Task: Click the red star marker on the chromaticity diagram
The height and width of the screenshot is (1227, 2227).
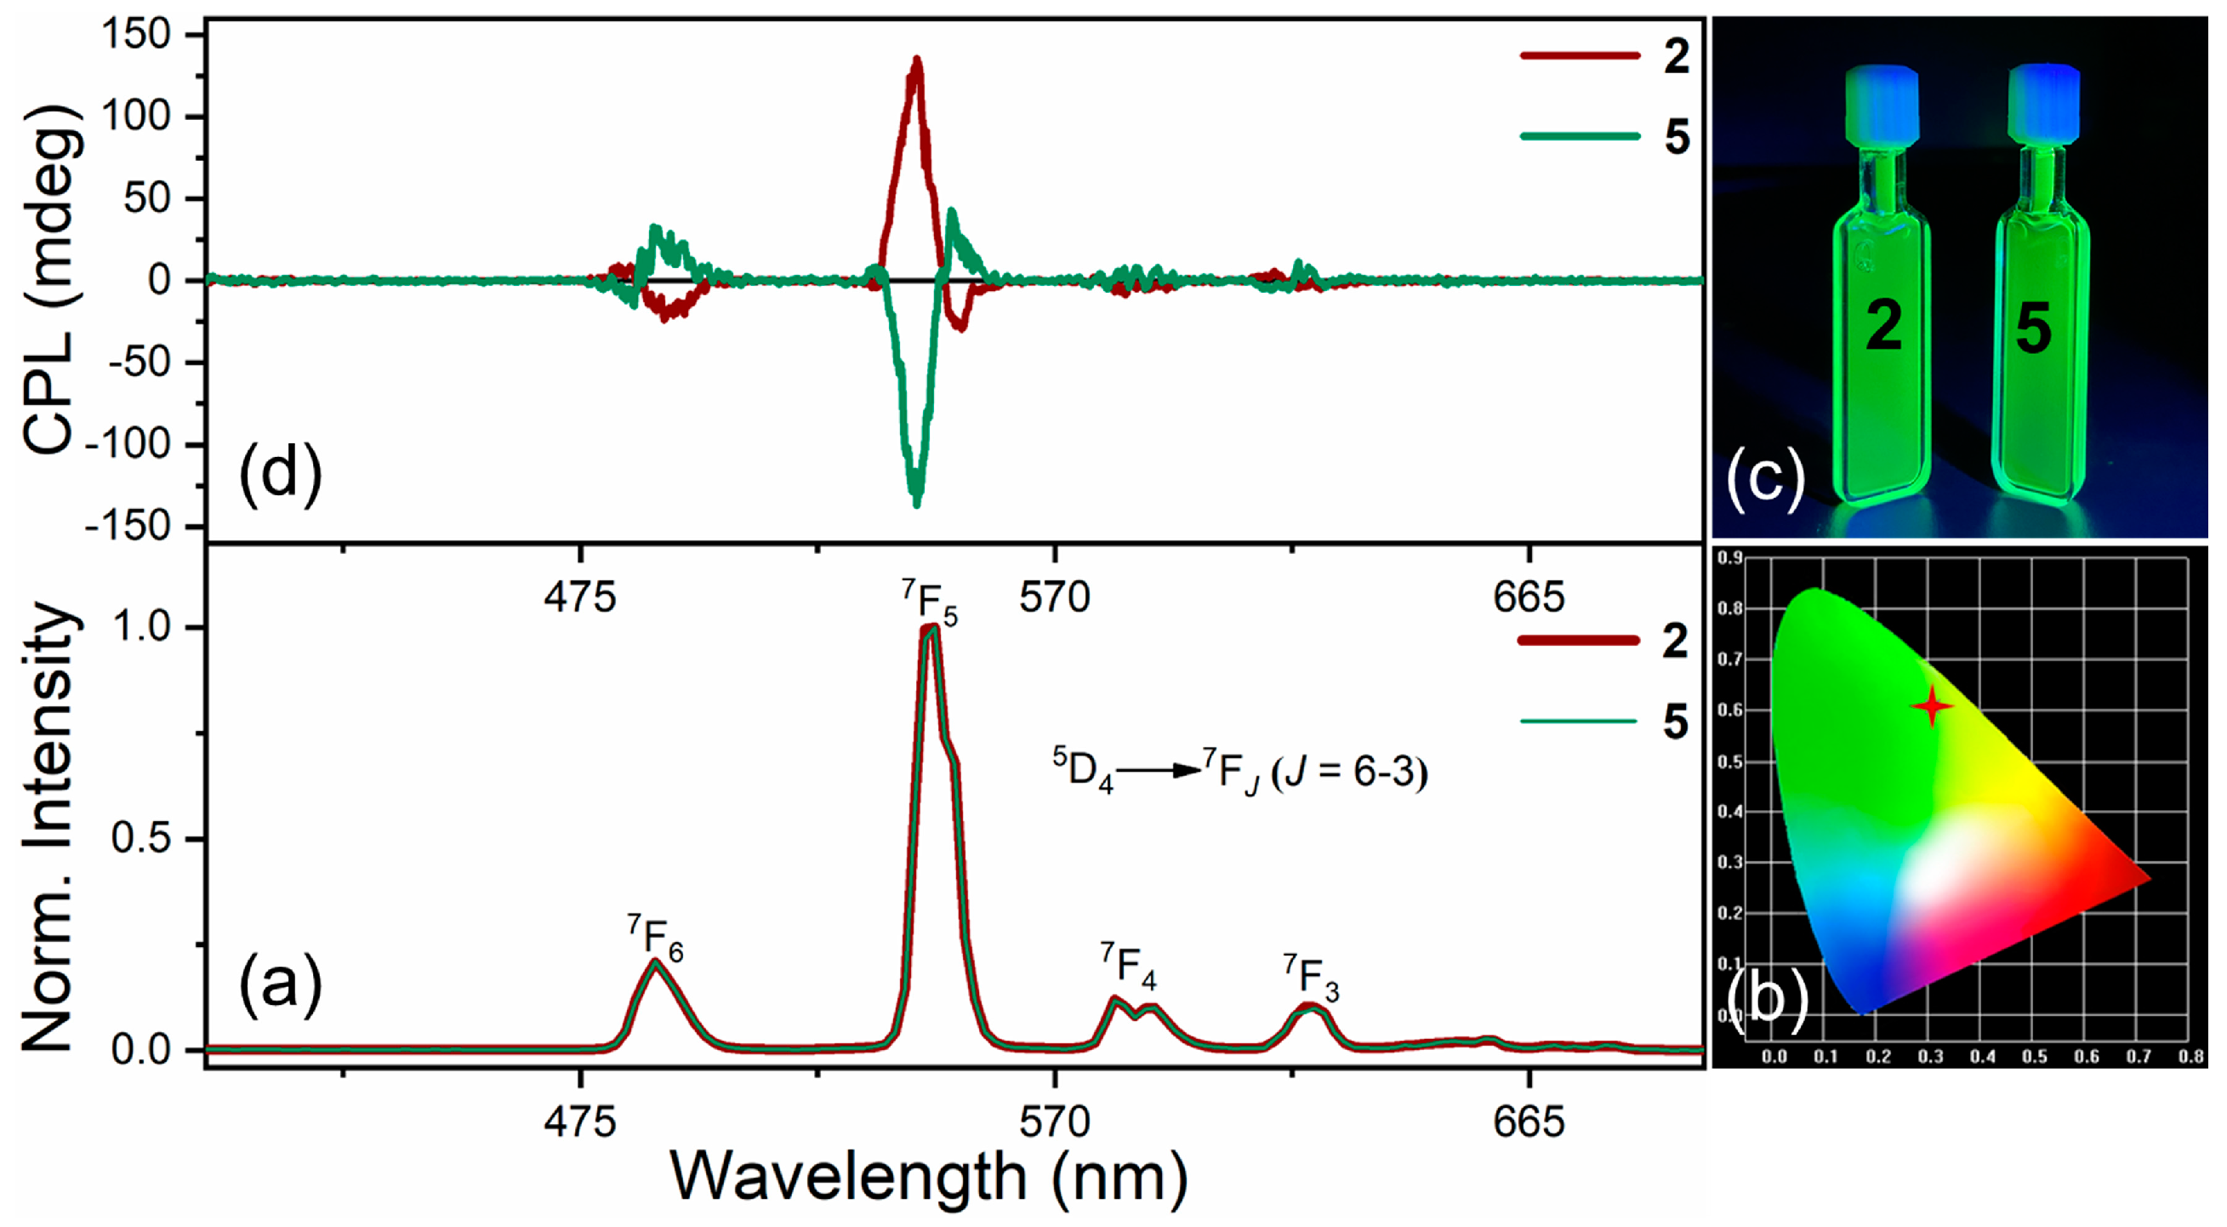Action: coord(1931,706)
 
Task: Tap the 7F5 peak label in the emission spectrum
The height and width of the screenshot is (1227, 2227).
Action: coord(931,602)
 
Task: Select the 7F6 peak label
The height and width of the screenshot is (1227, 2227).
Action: coord(655,938)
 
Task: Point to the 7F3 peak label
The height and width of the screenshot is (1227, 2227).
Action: coord(1312,978)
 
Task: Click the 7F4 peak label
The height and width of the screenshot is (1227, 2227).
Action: coord(1128,964)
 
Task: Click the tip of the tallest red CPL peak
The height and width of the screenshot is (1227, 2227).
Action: coord(917,60)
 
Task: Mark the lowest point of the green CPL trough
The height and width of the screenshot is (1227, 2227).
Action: coord(916,504)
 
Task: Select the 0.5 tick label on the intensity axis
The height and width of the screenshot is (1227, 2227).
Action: coord(141,839)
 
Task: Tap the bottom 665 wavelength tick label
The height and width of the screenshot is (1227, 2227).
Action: coord(1529,1122)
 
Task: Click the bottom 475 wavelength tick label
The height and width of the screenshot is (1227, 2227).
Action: coord(580,1122)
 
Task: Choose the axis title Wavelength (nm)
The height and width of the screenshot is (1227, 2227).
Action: coord(930,1178)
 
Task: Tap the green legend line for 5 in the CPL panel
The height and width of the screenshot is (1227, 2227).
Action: coord(1580,136)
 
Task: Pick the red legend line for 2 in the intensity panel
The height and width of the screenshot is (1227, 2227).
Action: coord(1578,640)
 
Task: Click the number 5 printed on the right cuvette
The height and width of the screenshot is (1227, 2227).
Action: coord(2033,328)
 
